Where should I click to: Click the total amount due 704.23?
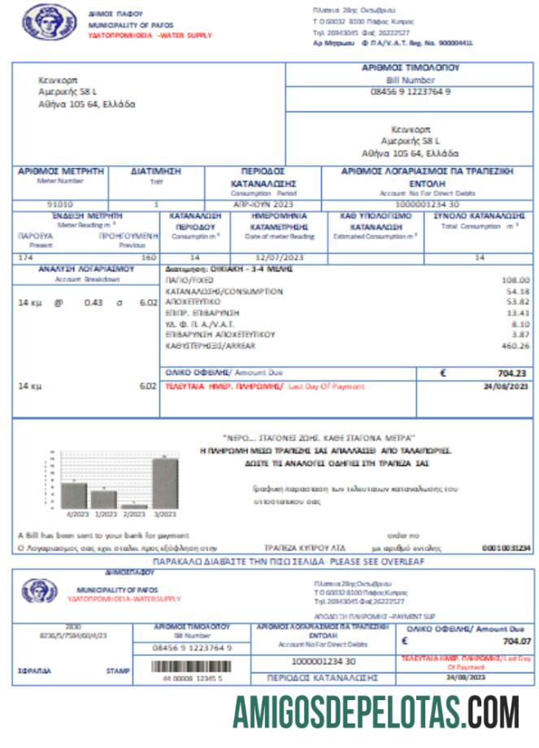(511, 373)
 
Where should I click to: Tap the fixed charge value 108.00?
(515, 279)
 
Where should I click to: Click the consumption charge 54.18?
(517, 290)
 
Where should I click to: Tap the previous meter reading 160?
(148, 257)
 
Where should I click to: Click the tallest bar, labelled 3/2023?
(165, 483)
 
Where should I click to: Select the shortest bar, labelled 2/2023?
(134, 506)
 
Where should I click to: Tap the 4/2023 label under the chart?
(76, 515)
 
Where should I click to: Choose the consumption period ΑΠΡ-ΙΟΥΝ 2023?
(261, 204)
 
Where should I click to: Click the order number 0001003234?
(506, 548)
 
